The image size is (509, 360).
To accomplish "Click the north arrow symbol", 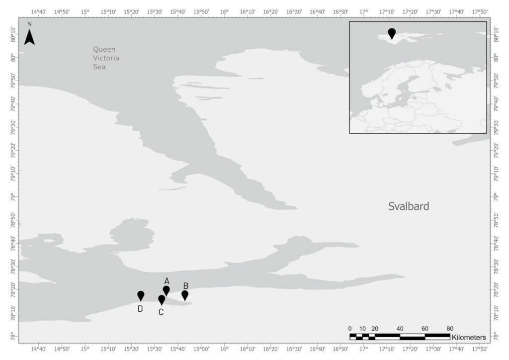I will [x=29, y=35].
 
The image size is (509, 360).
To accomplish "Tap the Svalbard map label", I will [x=408, y=206].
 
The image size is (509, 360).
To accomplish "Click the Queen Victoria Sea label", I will [x=106, y=58].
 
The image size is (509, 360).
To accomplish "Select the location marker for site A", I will [x=167, y=290].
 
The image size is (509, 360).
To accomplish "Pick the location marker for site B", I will [x=185, y=295].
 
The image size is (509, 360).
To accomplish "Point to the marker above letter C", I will [x=162, y=299].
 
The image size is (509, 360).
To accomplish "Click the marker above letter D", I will [x=141, y=295].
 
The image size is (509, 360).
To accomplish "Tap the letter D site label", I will [x=140, y=309].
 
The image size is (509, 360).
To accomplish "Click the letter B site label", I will [x=186, y=285].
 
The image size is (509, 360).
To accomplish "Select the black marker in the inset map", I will [x=392, y=33].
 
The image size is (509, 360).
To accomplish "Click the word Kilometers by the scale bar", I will [x=469, y=338].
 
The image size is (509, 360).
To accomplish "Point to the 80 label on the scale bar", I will [x=450, y=329].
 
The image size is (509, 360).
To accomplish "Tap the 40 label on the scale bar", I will [x=400, y=329].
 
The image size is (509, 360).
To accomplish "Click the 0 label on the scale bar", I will [x=350, y=329].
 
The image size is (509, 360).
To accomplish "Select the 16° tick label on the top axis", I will [x=224, y=11].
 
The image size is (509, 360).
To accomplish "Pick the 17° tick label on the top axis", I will [x=364, y=11].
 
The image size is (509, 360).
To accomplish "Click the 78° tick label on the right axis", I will [x=498, y=337].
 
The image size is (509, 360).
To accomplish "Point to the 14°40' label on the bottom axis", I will [x=38, y=348].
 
